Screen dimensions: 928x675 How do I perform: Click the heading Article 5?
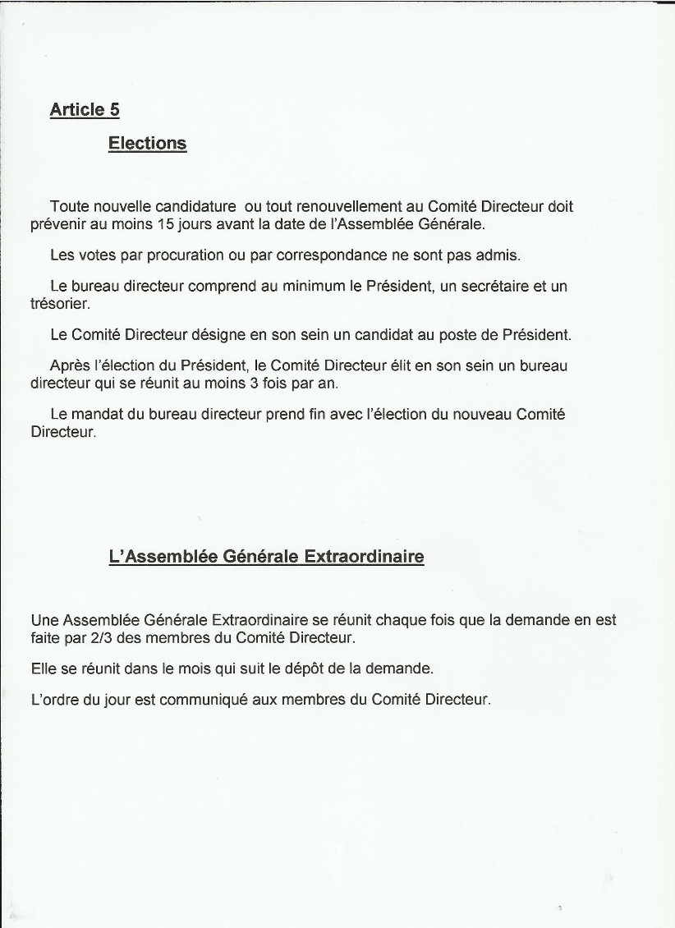(x=85, y=109)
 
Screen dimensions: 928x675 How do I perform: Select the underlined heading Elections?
(x=148, y=144)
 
